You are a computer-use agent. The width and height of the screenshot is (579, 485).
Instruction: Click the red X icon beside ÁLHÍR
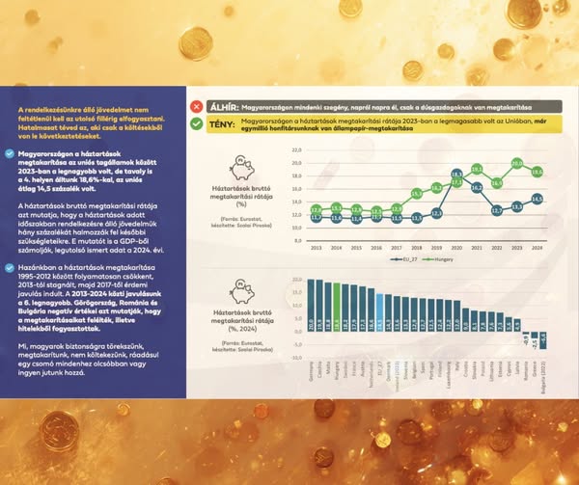click(x=197, y=107)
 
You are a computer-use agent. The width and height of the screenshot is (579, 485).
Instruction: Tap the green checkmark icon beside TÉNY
click(x=197, y=123)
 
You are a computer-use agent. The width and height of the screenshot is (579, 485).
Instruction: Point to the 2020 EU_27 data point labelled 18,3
click(x=455, y=175)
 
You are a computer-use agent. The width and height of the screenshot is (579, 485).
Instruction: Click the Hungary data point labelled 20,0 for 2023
click(x=516, y=163)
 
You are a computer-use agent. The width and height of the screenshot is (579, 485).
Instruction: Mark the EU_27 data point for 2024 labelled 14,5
click(x=537, y=200)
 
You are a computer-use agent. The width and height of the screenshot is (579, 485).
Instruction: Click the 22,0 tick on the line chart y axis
click(x=296, y=150)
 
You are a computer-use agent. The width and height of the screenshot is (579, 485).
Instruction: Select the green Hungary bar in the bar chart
click(x=336, y=300)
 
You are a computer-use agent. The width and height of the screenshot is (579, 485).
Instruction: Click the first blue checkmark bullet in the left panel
click(x=10, y=152)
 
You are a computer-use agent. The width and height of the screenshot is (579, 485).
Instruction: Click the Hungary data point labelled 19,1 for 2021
click(x=476, y=169)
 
